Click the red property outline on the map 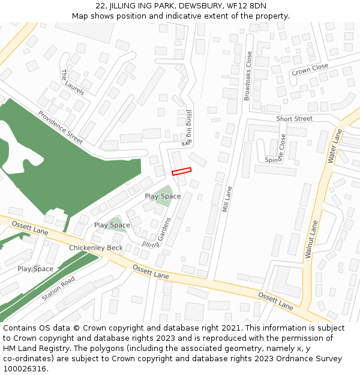tap(181, 171)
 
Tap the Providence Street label tap(60, 127)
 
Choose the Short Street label tap(294, 119)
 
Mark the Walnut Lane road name tap(311, 239)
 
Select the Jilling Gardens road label tap(157, 233)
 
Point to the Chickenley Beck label tap(95, 248)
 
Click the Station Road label tap(58, 289)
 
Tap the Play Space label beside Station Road tap(35, 269)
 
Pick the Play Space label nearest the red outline tap(163, 196)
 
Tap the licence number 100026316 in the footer tap(25, 369)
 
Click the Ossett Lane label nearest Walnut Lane tap(275, 301)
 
